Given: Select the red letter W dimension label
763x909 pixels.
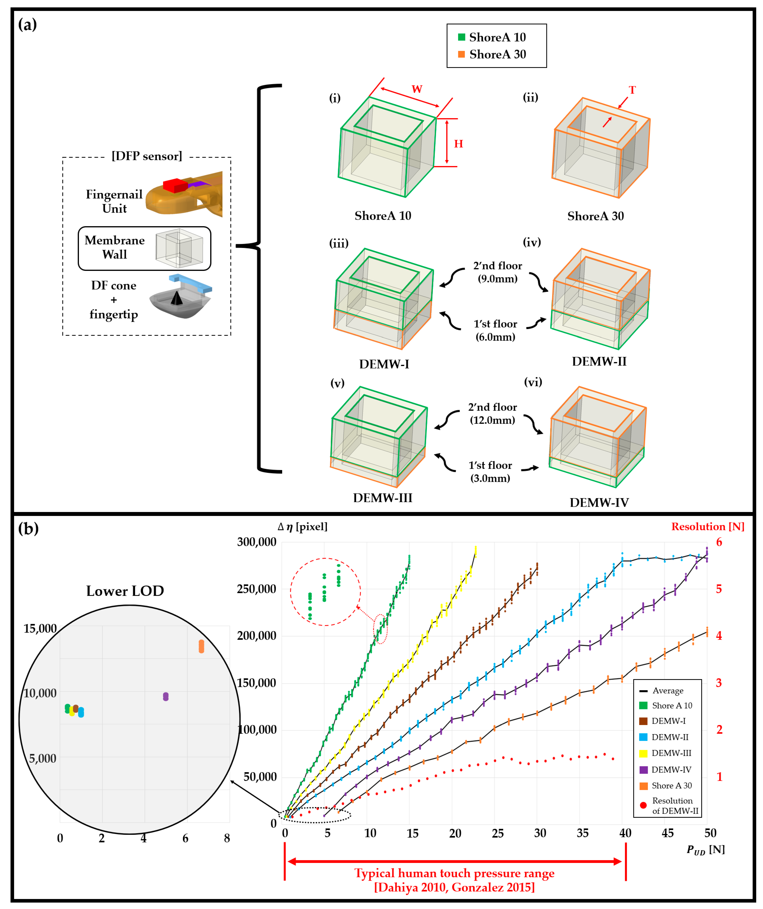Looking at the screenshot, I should (417, 89).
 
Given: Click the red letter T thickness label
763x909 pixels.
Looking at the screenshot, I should (632, 90).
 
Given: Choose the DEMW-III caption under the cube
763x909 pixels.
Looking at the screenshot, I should (382, 498).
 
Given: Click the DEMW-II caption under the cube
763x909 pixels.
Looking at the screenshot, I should (599, 361).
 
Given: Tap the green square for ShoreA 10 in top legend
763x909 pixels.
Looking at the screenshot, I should (462, 37).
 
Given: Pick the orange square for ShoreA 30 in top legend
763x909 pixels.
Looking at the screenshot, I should (462, 54).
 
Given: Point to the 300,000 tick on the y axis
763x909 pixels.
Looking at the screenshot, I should (256, 542).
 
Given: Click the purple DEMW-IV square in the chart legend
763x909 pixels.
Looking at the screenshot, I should (643, 770).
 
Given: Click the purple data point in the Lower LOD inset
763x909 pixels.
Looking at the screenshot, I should (166, 696).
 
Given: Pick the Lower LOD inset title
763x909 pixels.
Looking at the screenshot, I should (125, 591).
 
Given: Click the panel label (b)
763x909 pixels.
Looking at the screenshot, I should (28, 528).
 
